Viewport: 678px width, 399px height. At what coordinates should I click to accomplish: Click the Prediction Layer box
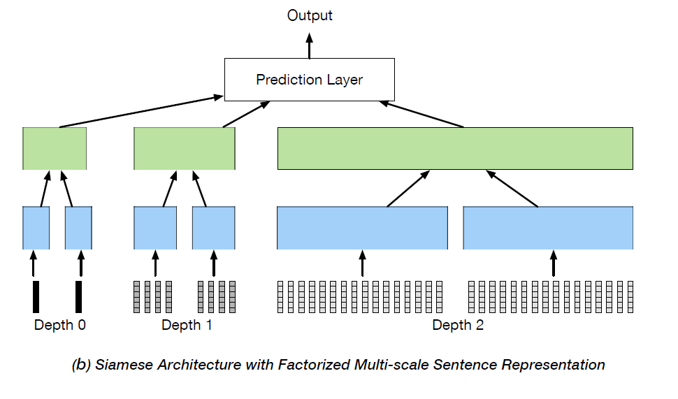click(x=309, y=80)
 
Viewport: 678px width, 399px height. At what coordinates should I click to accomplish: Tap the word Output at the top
click(x=310, y=15)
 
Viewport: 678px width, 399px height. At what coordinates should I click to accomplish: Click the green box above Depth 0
click(x=55, y=148)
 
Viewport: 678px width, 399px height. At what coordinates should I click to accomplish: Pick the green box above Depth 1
click(x=184, y=148)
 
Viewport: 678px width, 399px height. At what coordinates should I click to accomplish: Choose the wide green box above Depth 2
click(x=455, y=148)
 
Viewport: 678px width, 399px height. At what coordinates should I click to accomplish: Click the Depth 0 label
click(x=60, y=325)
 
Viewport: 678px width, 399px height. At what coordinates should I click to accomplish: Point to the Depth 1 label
click(x=187, y=325)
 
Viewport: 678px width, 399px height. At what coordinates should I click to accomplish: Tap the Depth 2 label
click(x=458, y=325)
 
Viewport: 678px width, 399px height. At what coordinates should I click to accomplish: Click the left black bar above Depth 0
click(x=36, y=296)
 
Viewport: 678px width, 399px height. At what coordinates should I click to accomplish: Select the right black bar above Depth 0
click(x=79, y=296)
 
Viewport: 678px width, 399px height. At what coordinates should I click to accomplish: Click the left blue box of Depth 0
click(x=36, y=228)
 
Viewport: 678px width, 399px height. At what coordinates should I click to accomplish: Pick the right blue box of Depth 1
click(x=213, y=228)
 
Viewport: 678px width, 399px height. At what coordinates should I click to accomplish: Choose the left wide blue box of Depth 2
click(x=362, y=228)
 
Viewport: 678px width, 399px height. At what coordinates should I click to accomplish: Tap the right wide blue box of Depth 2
click(x=549, y=228)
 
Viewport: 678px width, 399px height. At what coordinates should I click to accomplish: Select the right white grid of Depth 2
click(x=551, y=296)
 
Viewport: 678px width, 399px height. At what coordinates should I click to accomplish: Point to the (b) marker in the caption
click(x=81, y=365)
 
